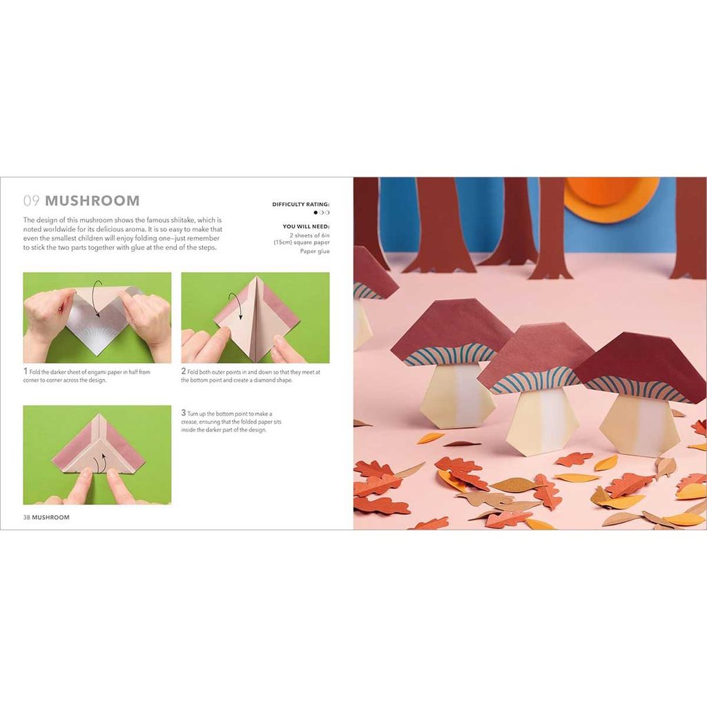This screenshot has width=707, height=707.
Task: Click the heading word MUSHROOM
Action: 93,201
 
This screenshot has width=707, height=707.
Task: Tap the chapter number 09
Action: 31,201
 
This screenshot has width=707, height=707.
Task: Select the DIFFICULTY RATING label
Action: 300,204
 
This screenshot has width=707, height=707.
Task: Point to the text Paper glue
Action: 315,251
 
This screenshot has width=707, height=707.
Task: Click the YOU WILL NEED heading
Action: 306,226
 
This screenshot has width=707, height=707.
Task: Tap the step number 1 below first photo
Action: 25,371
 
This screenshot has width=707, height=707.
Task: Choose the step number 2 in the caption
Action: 184,371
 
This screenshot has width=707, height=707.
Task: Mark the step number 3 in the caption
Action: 184,413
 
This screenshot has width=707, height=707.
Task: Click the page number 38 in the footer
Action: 27,517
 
